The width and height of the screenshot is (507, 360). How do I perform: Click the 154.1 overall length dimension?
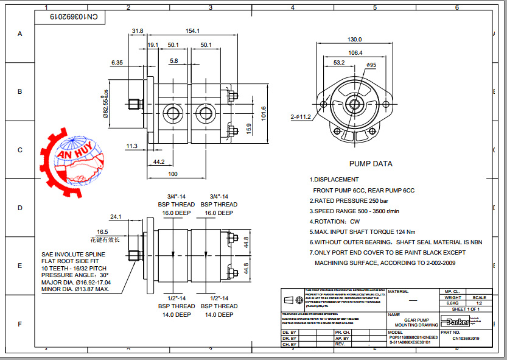(193, 31)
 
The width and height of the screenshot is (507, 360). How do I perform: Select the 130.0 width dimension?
(354, 40)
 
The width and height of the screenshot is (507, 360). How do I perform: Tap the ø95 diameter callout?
(371, 65)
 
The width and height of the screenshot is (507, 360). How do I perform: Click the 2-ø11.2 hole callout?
(300, 116)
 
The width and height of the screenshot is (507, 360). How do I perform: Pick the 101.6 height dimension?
(264, 113)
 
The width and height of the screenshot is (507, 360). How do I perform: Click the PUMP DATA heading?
(370, 164)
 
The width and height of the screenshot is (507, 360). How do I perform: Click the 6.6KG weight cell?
(452, 303)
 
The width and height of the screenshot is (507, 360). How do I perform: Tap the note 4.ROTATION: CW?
(334, 222)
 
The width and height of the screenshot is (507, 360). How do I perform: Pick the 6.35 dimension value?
(117, 62)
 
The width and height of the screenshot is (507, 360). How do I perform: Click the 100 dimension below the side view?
(172, 174)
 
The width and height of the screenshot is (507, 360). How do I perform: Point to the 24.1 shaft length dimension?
(115, 217)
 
